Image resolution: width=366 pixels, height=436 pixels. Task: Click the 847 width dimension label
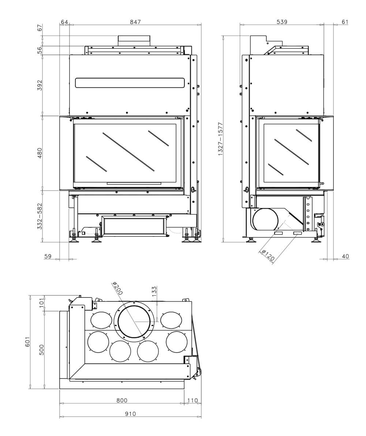tap(135, 22)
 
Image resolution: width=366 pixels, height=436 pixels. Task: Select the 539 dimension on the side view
tap(282, 22)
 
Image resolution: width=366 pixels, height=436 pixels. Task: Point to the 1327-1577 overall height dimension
tap(220, 139)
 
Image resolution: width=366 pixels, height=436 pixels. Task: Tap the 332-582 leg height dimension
tap(40, 216)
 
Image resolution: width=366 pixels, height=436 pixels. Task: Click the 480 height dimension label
tap(40, 153)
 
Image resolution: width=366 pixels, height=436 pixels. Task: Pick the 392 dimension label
tap(40, 85)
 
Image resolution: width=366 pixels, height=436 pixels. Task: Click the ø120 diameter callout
tap(268, 255)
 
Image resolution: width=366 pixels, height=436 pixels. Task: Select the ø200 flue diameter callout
tap(117, 289)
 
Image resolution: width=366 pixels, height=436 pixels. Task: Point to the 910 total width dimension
tap(130, 414)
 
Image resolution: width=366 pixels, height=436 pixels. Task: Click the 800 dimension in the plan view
tap(122, 401)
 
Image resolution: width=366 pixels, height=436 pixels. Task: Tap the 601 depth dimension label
tap(27, 342)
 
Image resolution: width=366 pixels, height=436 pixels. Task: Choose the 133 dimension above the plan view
tap(154, 291)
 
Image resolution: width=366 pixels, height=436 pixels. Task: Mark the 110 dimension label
tap(193, 401)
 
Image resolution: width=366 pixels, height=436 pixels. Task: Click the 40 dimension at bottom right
tap(345, 256)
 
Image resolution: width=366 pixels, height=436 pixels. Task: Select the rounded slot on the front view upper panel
tap(130, 83)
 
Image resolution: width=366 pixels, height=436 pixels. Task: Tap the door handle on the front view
tap(193, 189)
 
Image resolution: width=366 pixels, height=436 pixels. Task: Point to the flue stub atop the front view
tap(134, 41)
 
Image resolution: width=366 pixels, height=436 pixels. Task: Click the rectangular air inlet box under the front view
tap(134, 226)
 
